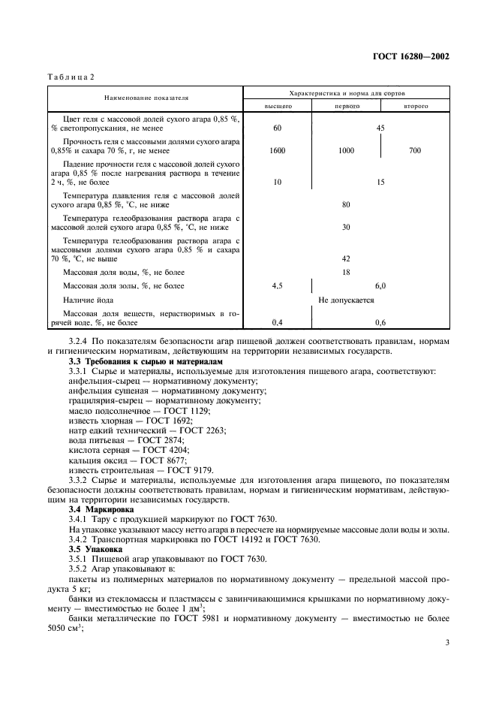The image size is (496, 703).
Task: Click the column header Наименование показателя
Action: click(146, 97)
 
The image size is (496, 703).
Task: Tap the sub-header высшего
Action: click(277, 107)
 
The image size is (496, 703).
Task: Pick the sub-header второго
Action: click(415, 107)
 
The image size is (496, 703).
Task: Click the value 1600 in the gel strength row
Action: click(277, 151)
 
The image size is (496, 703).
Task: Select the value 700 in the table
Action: click(415, 151)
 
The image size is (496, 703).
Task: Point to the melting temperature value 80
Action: click(346, 204)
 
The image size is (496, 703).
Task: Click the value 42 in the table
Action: click(346, 258)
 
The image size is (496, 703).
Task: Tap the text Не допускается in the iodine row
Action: click(346, 300)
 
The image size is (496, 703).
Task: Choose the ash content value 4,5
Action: click(277, 286)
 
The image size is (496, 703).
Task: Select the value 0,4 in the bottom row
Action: click(277, 322)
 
